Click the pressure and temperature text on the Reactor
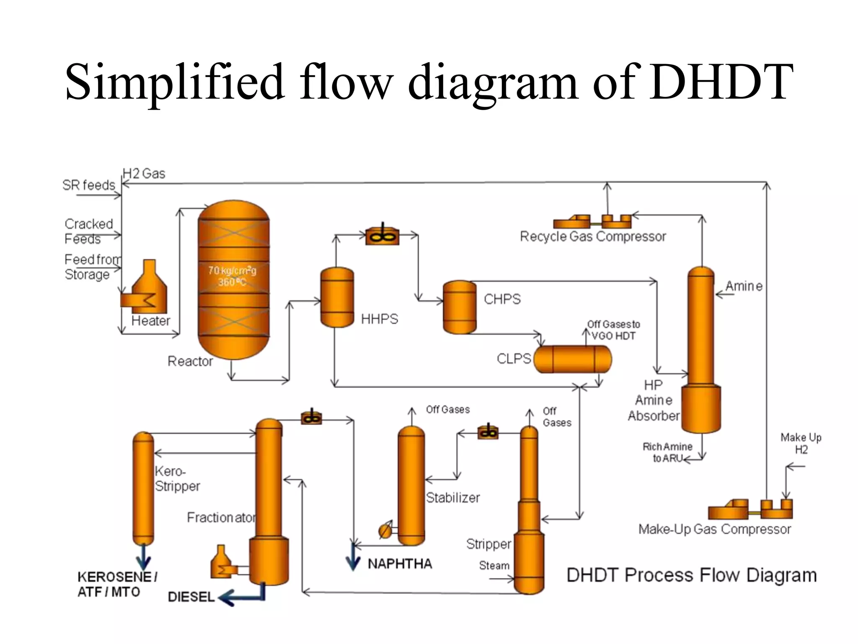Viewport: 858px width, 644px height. point(233,276)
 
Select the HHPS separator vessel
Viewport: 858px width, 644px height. point(337,297)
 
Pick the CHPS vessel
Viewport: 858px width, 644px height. point(460,307)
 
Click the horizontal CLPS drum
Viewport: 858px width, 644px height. point(573,359)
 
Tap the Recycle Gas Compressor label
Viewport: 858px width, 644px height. point(592,237)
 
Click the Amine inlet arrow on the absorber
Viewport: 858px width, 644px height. point(724,295)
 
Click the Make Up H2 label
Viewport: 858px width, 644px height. point(801,444)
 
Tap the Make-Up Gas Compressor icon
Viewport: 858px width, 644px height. point(750,509)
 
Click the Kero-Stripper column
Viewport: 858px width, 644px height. point(143,488)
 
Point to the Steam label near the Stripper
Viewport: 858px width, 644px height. point(494,566)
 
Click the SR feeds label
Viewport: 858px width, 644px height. point(88,185)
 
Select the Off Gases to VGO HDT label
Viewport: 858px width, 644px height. point(613,330)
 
